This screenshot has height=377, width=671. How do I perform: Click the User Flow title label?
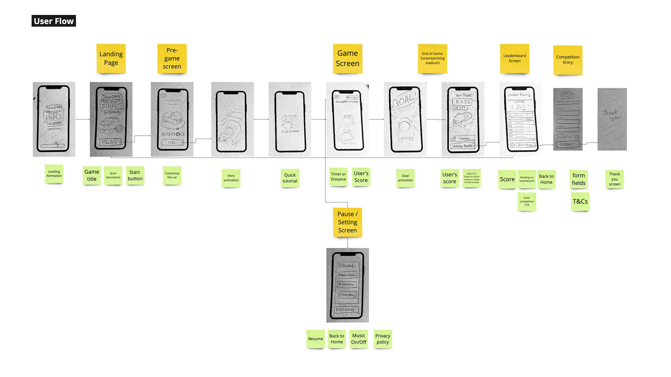coord(53,21)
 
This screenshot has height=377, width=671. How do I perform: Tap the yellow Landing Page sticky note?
coord(111,58)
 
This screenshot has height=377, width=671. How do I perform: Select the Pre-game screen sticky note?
coord(172,58)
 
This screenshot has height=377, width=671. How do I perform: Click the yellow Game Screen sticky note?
coord(347,58)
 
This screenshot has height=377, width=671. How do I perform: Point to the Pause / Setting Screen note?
coord(347,222)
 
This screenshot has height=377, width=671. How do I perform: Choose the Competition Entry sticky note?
coord(568,60)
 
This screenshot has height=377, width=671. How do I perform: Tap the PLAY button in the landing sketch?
coord(110,142)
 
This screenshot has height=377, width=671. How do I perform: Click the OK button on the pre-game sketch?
coord(172,142)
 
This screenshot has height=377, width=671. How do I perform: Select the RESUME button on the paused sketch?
coord(345,310)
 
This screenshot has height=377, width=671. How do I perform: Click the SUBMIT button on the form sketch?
coord(567,144)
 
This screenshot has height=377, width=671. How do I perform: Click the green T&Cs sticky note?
coord(580,201)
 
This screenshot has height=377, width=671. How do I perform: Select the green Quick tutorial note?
coord(290,178)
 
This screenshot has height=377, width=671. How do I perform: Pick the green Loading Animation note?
coord(54,173)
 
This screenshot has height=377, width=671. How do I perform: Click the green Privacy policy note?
coord(383,339)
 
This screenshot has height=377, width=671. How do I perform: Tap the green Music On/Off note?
coord(359,339)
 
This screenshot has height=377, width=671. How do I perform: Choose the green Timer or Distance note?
coord(338,177)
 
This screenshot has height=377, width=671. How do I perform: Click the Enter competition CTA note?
coord(527,201)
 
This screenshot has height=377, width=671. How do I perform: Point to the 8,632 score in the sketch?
coord(463,102)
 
